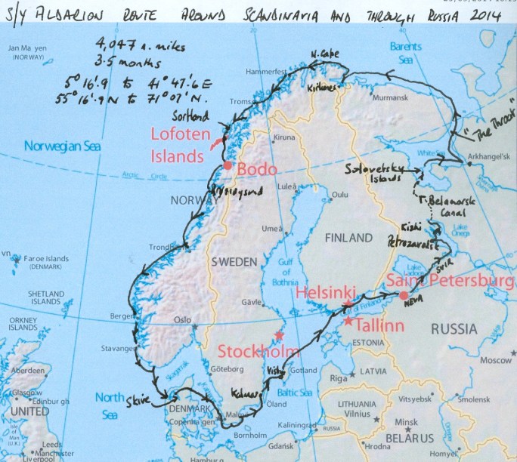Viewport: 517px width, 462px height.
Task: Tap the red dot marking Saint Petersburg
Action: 404,294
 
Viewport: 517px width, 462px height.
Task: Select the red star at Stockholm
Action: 280,334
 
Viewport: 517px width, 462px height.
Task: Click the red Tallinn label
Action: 376,326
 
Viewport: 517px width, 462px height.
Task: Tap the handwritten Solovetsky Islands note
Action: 373,170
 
